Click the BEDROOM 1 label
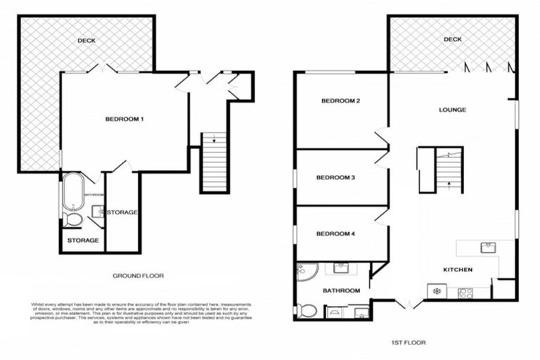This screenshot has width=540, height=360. pyautogui.click(x=124, y=119)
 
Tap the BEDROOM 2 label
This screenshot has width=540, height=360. pyautogui.click(x=340, y=101)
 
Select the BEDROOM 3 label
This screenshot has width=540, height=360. pyautogui.click(x=335, y=178)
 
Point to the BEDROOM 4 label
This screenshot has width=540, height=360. pyautogui.click(x=335, y=233)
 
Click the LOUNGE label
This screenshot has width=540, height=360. pyautogui.click(x=452, y=110)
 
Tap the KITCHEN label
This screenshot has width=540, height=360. pyautogui.click(x=457, y=270)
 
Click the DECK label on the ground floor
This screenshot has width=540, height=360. pyautogui.click(x=86, y=41)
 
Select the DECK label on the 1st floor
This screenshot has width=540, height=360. pyautogui.click(x=452, y=39)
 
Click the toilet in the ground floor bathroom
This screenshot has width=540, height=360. pyautogui.click(x=72, y=220)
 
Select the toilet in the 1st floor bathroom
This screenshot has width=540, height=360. pyautogui.click(x=306, y=309)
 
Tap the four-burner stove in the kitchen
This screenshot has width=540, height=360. pyautogui.click(x=465, y=293)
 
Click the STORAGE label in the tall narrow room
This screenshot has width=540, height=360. pyautogui.click(x=123, y=212)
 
